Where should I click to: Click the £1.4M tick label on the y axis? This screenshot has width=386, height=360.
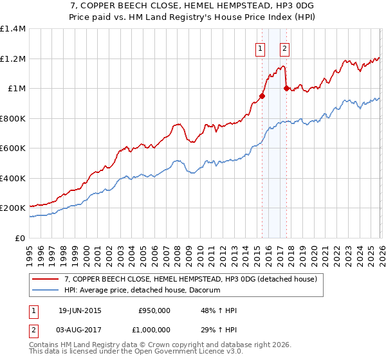pyautogui.click(x=13, y=29)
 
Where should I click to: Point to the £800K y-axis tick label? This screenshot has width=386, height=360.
pyautogui.click(x=13, y=118)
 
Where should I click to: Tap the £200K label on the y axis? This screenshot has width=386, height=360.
pyautogui.click(x=13, y=208)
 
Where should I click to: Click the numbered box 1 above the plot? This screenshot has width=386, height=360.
pyautogui.click(x=261, y=48)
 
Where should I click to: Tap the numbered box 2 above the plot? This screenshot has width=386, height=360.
pyautogui.click(x=284, y=48)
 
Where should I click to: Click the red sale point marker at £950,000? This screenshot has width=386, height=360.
pyautogui.click(x=261, y=96)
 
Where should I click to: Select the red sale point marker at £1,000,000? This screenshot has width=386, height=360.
pyautogui.click(x=286, y=89)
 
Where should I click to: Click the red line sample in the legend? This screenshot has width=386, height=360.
pyautogui.click(x=46, y=280)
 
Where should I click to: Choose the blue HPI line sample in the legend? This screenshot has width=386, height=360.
pyautogui.click(x=46, y=291)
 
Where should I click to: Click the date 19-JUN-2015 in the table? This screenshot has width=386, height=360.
pyautogui.click(x=80, y=310)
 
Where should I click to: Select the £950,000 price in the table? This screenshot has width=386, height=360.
pyautogui.click(x=154, y=310)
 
